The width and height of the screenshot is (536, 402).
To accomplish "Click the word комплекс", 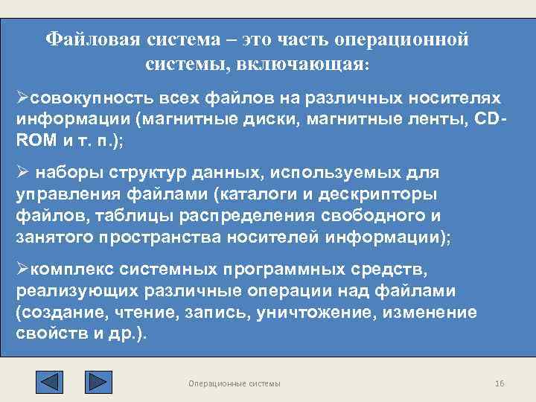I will tap(68, 269).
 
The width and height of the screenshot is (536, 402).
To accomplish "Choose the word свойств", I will tap(51, 332).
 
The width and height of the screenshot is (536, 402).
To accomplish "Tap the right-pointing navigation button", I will tap(98, 381).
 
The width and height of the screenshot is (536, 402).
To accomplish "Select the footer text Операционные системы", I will tap(234, 383).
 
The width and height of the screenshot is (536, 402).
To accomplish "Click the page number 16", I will tap(500, 383).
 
